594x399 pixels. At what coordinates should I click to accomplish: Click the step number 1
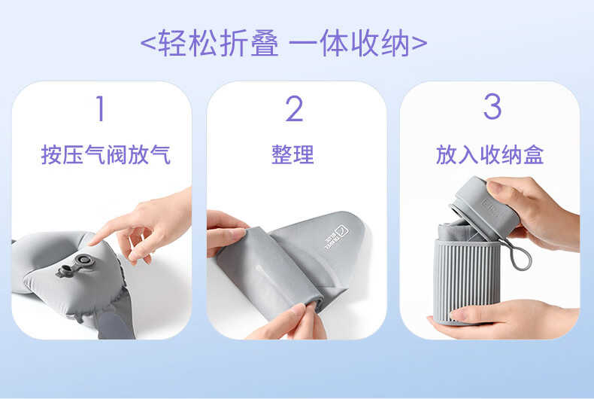tap(101, 108)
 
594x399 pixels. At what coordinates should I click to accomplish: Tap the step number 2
tap(294, 108)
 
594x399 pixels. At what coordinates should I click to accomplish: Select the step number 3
tap(492, 107)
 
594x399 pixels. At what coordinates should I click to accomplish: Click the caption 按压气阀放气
tap(106, 155)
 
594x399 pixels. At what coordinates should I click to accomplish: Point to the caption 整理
tap(292, 155)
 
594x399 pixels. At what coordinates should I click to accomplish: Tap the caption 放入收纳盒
tap(489, 155)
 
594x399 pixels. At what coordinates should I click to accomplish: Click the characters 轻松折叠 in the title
tap(219, 43)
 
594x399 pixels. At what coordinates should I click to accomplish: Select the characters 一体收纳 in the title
tap(350, 43)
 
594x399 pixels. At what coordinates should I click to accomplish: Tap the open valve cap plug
tap(63, 271)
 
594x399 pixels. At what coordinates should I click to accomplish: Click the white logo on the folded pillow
tap(336, 237)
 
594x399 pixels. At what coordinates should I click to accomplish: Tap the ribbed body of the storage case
tap(467, 281)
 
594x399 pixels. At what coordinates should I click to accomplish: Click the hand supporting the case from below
tap(504, 318)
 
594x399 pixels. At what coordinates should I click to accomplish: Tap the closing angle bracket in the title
tap(420, 43)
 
